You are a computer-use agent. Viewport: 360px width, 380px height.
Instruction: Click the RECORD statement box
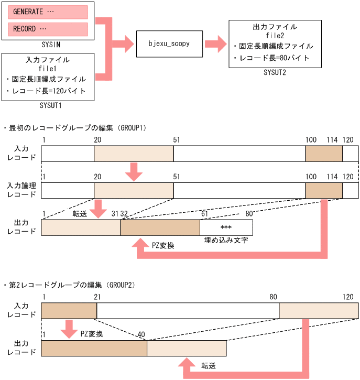48,29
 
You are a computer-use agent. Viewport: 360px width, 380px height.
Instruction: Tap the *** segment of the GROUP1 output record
226,227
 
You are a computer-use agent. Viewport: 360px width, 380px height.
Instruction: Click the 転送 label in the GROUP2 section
210,365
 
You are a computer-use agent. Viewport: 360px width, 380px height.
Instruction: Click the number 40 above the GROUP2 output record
141,334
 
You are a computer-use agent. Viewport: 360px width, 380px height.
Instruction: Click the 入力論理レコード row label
21,189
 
